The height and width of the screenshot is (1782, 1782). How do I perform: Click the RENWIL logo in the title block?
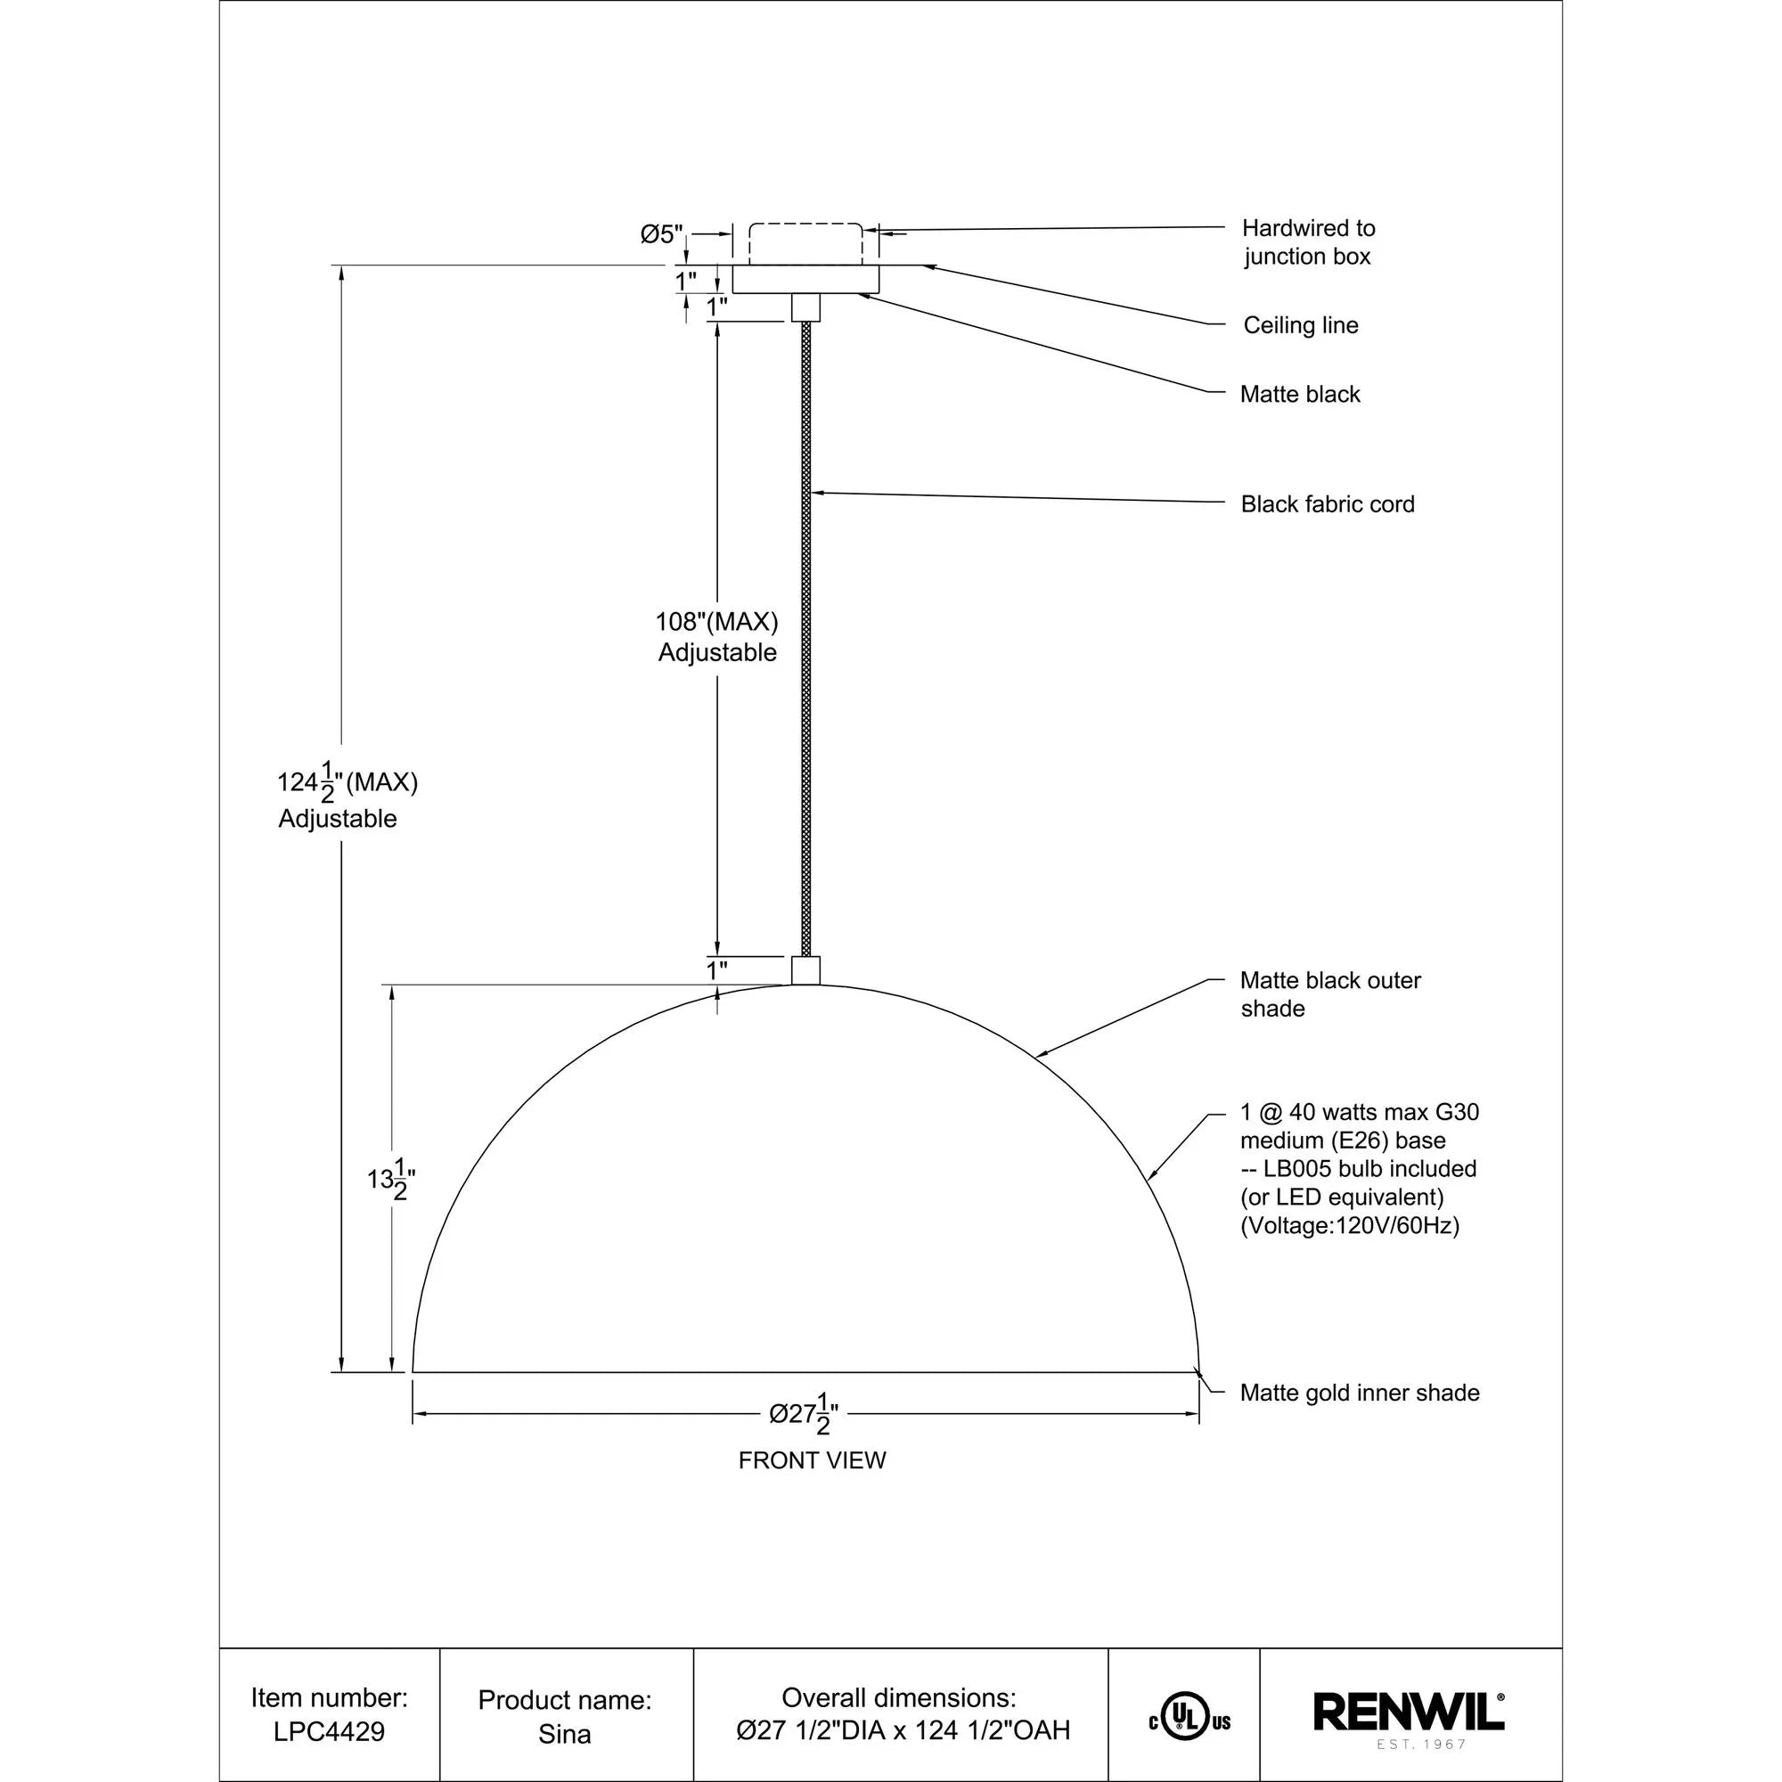point(1409,1712)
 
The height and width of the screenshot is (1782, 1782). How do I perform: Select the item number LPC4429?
point(330,1731)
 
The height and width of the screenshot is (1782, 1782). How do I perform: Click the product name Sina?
point(564,1734)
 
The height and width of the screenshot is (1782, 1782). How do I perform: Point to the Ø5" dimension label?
point(661,234)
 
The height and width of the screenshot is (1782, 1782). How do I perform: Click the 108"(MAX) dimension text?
point(716,622)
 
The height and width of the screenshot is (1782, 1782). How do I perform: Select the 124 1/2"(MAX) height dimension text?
point(347,783)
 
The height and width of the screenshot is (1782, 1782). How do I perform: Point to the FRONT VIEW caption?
point(812,1460)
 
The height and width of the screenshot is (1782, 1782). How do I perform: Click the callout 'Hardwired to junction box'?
point(1307,241)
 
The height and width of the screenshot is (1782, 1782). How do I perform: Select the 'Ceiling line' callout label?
point(1300,325)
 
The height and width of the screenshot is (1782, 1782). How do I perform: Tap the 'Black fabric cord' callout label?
point(1327,504)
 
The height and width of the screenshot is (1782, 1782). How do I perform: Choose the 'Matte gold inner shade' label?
point(1359,1393)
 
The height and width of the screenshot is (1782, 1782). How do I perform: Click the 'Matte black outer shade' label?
point(1329,994)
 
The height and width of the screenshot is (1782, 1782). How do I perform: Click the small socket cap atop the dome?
point(805,970)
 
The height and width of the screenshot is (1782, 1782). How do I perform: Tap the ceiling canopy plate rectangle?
point(805,280)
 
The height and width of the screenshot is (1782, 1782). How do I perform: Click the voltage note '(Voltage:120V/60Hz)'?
point(1349,1226)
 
